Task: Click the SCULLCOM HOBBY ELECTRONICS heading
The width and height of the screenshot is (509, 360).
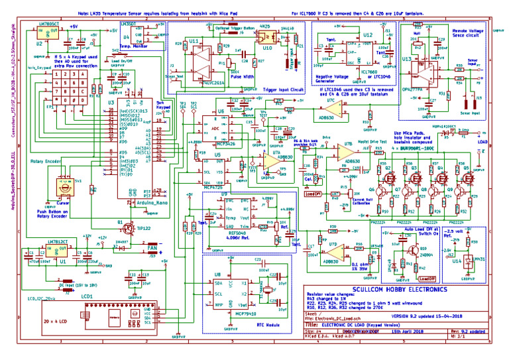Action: click(390, 290)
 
